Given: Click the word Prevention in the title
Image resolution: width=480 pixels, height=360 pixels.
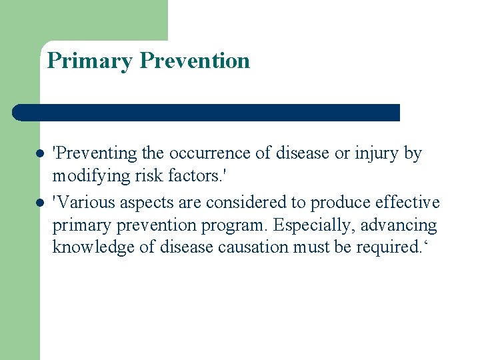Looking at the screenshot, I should tap(195, 61).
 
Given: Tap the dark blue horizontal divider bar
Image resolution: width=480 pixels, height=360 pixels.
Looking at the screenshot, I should tap(207, 113).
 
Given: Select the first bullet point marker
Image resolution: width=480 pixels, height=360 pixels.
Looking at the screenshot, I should tap(40, 154).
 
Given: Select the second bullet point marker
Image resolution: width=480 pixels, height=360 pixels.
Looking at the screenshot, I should tap(40, 202).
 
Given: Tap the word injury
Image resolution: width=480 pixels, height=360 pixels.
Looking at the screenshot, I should tap(376, 154).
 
